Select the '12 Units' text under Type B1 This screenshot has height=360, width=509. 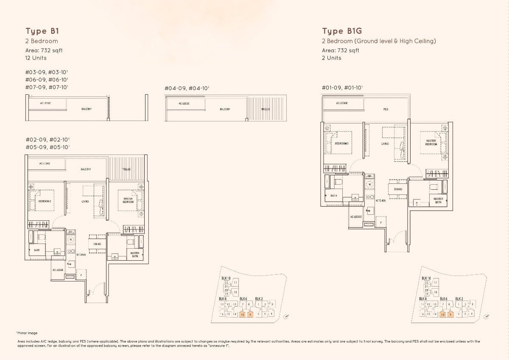[36, 58]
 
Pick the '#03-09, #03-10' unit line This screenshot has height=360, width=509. [47, 72]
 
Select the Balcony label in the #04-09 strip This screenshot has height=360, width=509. [225, 109]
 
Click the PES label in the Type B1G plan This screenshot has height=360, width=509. [386, 109]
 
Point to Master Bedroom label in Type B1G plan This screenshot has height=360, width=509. [431, 142]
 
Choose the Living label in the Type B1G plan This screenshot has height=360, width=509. [385, 144]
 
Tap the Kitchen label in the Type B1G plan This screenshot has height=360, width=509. [380, 200]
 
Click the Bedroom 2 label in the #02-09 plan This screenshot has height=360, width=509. [45, 201]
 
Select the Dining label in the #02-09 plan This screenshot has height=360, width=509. [97, 244]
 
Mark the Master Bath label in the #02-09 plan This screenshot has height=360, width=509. [135, 255]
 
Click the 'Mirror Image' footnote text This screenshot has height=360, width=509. [28, 333]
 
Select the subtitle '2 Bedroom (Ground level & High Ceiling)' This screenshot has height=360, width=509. [379, 41]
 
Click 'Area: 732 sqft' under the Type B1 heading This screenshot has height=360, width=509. [44, 50]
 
